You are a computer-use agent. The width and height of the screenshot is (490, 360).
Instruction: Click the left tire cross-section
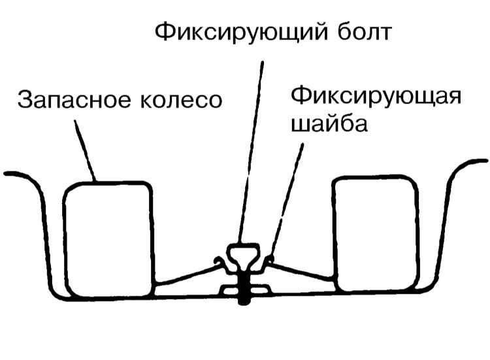tap(108, 238)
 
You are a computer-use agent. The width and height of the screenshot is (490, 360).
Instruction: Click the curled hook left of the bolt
tap(221, 265)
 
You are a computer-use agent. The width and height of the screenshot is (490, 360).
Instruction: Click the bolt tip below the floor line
tap(244, 301)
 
